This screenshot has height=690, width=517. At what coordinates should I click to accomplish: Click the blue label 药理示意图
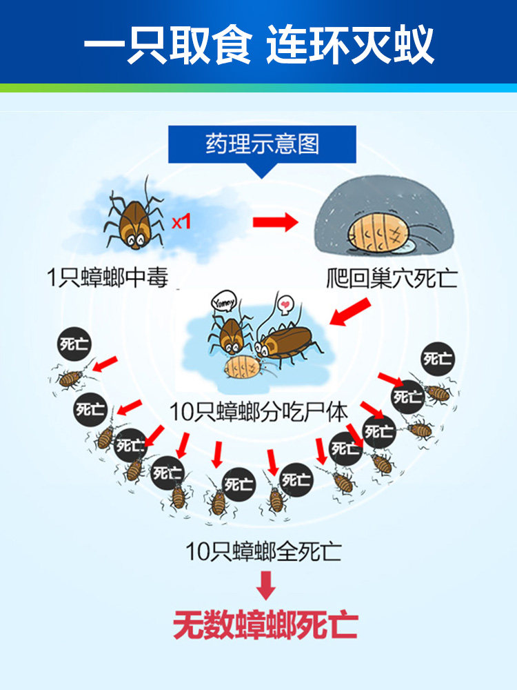262,144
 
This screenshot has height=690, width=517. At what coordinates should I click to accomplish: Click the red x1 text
180,223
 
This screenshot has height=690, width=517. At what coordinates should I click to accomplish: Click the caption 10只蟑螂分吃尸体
258,412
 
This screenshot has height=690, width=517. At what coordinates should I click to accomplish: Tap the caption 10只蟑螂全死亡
263,552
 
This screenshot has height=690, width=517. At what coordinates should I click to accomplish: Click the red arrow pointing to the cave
274,222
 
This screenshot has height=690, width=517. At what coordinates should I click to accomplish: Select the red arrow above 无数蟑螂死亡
265,586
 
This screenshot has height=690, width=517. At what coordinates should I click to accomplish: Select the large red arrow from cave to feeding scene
351,312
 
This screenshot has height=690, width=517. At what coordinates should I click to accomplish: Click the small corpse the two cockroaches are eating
242,363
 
